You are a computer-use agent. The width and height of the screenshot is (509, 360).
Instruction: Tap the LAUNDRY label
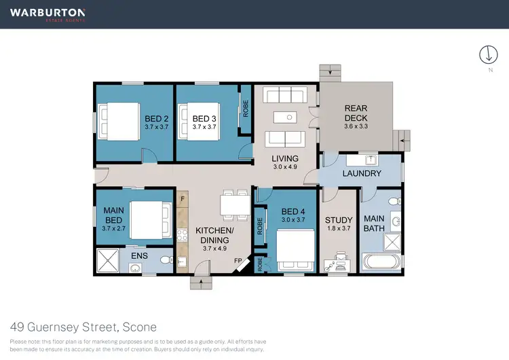click(362, 174)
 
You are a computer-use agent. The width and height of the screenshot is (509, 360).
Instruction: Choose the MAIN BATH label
click(375, 223)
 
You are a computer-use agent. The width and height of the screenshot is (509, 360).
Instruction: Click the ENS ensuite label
click(139, 255)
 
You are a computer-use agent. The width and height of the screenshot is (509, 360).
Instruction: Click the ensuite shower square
click(109, 260)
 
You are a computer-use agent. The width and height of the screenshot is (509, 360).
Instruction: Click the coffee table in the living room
click(289, 118)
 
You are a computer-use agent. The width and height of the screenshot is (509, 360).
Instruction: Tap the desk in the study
click(337, 260)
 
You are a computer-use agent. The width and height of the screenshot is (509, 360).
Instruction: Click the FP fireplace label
click(238, 260)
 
